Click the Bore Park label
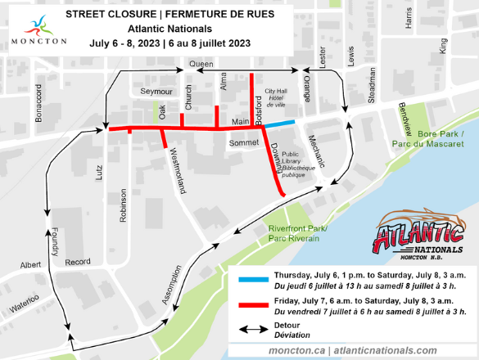(436, 138)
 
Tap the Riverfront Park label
(296, 233)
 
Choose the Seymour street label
(156, 90)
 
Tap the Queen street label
(201, 63)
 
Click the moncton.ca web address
(297, 350)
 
